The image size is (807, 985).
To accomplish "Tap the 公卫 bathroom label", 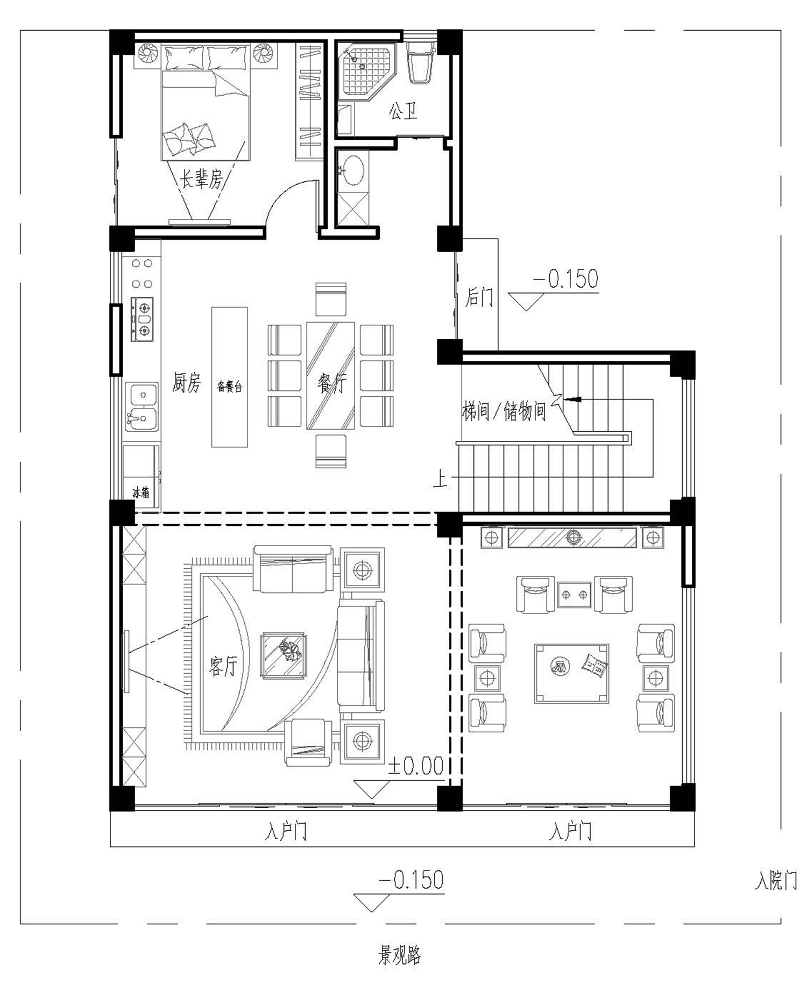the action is (403, 111).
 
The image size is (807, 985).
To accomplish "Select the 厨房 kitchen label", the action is (186, 383).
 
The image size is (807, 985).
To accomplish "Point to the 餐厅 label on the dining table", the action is (331, 383).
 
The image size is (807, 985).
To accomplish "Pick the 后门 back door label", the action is (479, 297).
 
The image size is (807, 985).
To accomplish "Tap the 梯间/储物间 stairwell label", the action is (504, 412).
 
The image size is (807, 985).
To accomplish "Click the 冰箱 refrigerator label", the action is (141, 492).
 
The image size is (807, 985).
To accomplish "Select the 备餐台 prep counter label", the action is (230, 387).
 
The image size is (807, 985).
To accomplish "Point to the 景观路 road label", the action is (399, 955).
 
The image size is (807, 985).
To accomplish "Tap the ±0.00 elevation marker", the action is (416, 766).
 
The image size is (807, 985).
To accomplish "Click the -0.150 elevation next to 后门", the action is (565, 279).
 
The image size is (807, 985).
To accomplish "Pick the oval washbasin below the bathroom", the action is (353, 170).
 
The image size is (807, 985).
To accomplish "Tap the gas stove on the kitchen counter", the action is (143, 319).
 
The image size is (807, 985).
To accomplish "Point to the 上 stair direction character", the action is (440, 479).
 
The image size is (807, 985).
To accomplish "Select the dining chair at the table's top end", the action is (330, 299).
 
